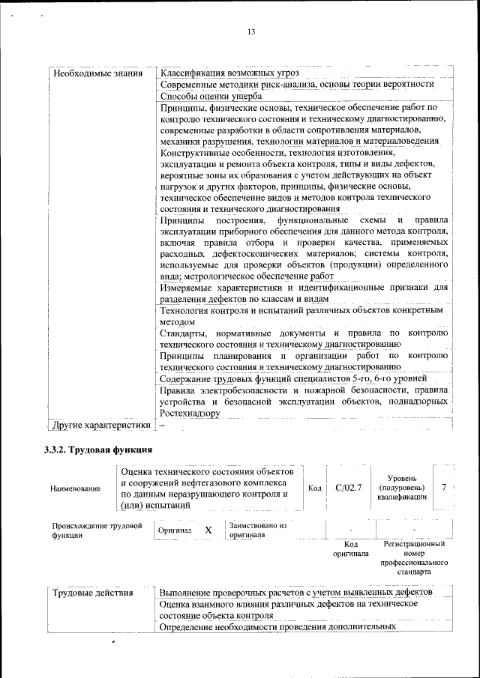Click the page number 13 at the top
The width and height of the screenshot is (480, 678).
tap(251, 31)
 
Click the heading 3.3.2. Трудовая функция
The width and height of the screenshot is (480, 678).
tap(98, 450)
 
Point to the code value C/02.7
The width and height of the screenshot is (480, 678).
tap(348, 488)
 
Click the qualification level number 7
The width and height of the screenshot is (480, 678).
tap(445, 488)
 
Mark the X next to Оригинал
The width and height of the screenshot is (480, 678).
tap(208, 530)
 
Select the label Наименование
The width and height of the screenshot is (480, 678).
tap(75, 488)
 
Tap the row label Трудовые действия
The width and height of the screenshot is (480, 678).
tap(93, 593)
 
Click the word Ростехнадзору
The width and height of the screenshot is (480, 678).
tap(190, 413)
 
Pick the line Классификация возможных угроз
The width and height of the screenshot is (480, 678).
tap(229, 73)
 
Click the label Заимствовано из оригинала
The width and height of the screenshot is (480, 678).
tap(258, 530)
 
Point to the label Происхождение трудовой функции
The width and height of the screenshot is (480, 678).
tap(96, 530)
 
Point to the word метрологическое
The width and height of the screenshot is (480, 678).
tap(213, 276)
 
